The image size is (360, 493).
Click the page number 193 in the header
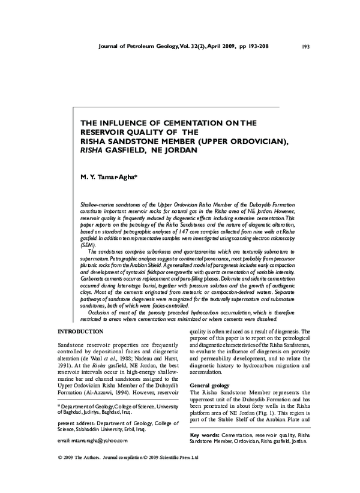305,46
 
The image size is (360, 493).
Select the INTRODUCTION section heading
83,332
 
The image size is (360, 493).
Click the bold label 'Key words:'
205,434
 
